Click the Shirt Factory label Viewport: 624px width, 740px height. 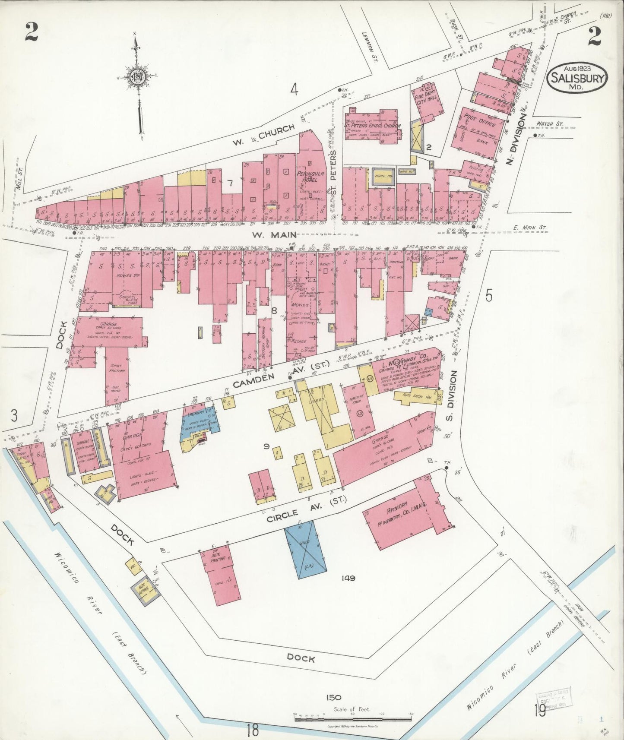pyautogui.click(x=117, y=368)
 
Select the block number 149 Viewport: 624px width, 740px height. pyautogui.click(x=347, y=578)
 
